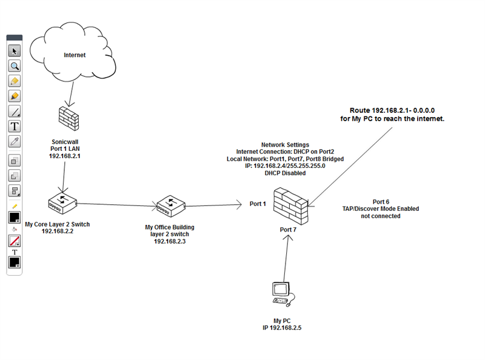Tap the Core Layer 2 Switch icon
(x=63, y=203)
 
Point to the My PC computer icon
(x=282, y=294)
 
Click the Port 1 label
(x=258, y=204)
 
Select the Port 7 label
(x=288, y=230)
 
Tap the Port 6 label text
(x=380, y=201)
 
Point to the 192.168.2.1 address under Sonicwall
(x=65, y=156)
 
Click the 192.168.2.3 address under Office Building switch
(x=170, y=241)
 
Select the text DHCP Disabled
(x=285, y=173)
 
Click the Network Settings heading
(x=285, y=145)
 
